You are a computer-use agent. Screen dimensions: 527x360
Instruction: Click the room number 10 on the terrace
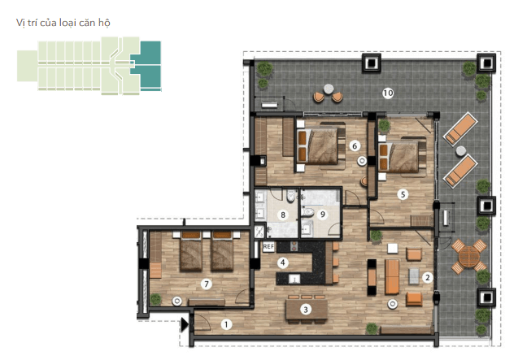[388, 93]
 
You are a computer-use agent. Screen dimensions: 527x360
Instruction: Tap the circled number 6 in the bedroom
[355, 145]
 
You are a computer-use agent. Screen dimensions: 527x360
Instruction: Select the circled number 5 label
[403, 194]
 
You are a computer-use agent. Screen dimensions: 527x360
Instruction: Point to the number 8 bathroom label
[283, 215]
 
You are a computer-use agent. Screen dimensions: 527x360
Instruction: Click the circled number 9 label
[323, 214]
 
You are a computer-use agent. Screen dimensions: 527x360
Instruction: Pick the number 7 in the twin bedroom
[207, 284]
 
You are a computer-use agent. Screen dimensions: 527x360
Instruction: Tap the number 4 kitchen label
[283, 262]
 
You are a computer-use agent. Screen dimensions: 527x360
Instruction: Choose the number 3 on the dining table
[306, 310]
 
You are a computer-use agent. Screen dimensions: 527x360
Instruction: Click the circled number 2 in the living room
[427, 278]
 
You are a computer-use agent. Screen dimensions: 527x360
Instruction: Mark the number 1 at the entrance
[226, 324]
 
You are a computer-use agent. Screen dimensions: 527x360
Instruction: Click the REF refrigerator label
[268, 247]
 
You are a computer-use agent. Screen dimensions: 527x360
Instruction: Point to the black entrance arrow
[185, 325]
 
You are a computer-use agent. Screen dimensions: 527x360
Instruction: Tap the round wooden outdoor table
[468, 256]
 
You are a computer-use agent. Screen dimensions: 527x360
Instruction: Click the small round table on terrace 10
[329, 89]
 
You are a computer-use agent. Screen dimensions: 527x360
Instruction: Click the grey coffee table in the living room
[414, 276]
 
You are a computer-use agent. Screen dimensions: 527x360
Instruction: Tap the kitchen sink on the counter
[294, 279]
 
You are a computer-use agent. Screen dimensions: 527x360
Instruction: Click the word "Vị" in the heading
[20, 23]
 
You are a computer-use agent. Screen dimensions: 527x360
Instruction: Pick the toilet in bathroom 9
[307, 212]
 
